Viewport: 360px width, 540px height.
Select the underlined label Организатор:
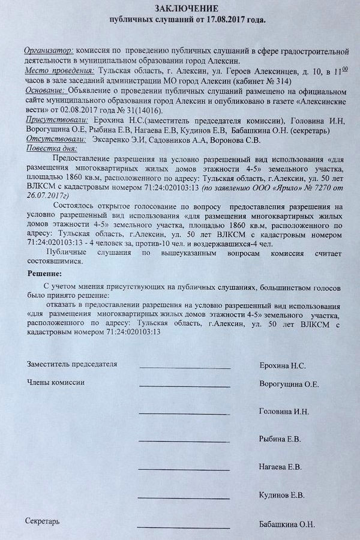click(x=49, y=50)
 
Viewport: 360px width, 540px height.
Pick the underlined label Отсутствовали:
click(x=53, y=139)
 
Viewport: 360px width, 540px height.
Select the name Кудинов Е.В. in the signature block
click(x=281, y=495)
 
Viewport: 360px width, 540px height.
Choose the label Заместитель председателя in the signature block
click(x=72, y=364)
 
